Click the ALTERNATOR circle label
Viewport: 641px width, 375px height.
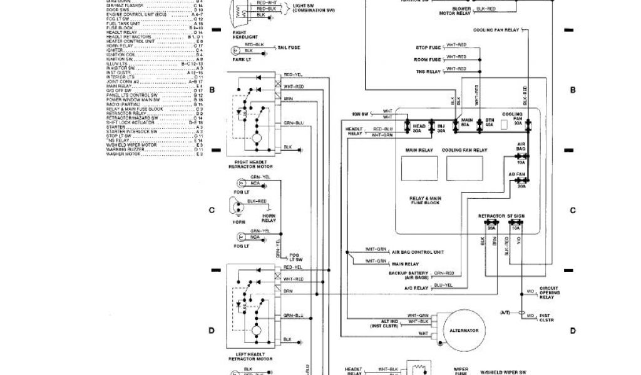(464, 330)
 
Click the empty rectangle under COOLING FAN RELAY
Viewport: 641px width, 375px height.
(464, 167)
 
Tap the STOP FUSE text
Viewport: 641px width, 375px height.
(429, 47)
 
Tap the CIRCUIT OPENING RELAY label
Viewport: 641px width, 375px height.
(549, 292)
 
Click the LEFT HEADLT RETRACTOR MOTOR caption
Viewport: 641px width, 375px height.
(250, 357)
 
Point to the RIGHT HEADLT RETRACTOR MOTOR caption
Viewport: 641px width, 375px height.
(250, 164)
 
